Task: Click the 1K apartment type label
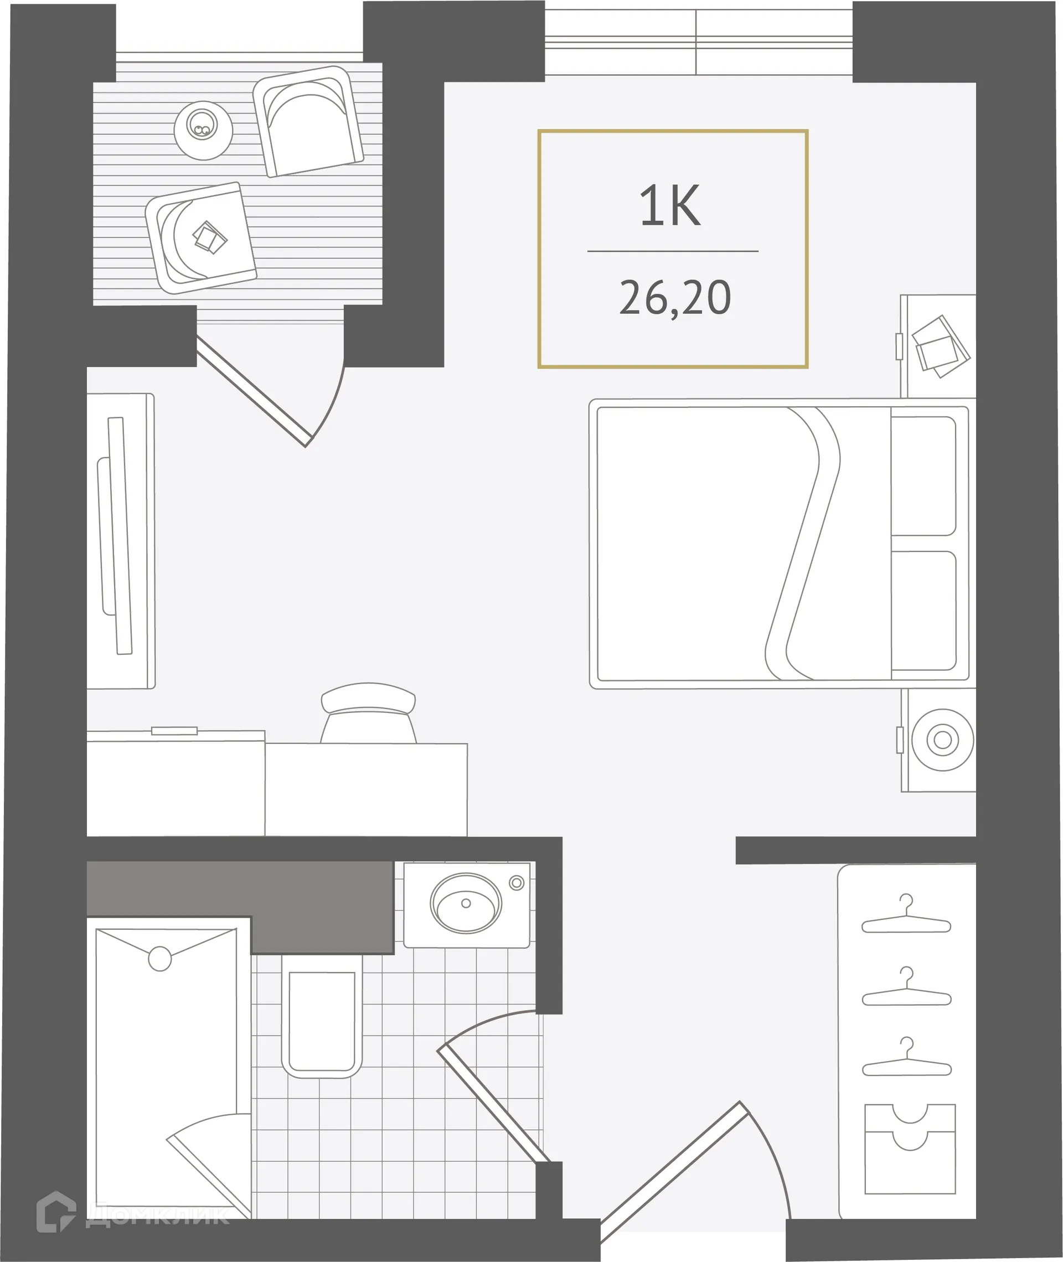click(670, 206)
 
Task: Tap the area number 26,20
click(675, 298)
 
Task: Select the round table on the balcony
click(203, 130)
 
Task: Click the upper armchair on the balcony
click(309, 122)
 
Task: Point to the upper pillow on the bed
click(923, 476)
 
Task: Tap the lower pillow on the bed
click(923, 610)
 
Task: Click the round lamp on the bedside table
click(942, 739)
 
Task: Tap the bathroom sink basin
click(466, 903)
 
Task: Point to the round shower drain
click(159, 958)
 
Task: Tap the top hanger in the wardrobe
click(906, 922)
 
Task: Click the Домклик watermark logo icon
click(56, 1212)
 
